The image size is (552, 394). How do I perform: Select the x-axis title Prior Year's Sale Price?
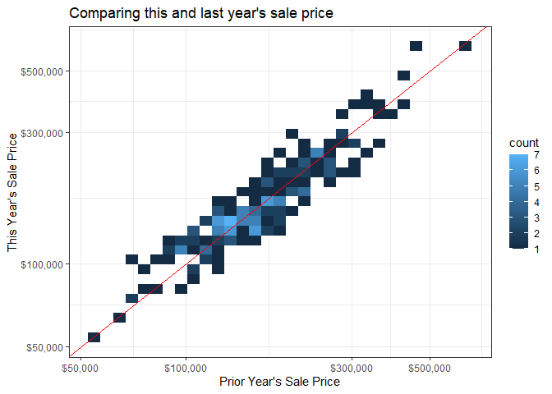click(279, 381)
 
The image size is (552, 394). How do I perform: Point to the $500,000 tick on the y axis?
click(44, 71)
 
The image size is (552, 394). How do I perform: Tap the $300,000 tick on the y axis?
click(44, 132)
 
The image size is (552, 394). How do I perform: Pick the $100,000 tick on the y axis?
click(44, 263)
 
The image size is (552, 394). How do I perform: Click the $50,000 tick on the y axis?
click(46, 346)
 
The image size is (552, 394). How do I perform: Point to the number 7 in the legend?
click(536, 155)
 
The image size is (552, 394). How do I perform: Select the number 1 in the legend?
click(536, 250)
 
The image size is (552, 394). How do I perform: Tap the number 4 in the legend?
click(536, 202)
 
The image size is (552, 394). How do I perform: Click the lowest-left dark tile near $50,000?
click(94, 337)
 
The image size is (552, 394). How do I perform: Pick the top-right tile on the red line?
click(465, 45)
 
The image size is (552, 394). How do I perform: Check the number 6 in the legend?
click(536, 171)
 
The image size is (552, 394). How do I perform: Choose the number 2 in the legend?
click(536, 234)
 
